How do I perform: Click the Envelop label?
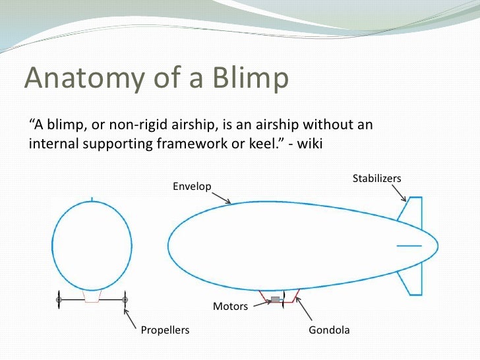(x=192, y=187)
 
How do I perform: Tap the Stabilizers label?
(x=377, y=178)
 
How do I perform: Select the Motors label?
(x=230, y=307)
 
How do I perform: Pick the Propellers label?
(x=165, y=330)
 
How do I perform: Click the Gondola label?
(x=329, y=330)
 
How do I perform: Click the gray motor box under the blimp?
(x=276, y=300)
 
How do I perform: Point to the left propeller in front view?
(x=59, y=300)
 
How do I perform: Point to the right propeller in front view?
(x=125, y=300)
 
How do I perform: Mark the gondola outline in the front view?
(x=92, y=297)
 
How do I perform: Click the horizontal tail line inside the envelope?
(x=409, y=245)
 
